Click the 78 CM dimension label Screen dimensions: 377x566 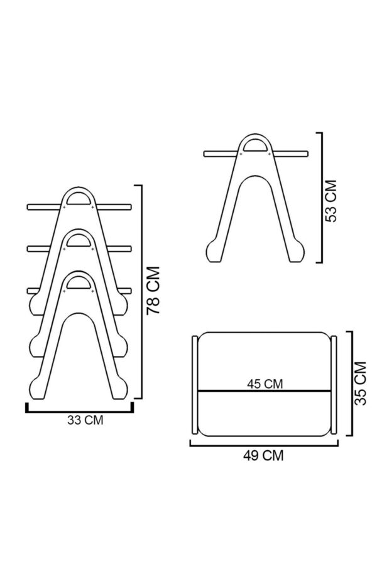(x=153, y=291)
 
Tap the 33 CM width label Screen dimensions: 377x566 (x=85, y=420)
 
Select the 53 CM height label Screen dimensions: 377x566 (x=331, y=201)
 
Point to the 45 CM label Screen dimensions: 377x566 (x=265, y=384)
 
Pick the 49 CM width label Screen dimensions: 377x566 (x=263, y=455)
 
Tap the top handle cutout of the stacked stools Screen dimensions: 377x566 (x=79, y=199)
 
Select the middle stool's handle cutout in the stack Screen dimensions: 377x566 (x=79, y=240)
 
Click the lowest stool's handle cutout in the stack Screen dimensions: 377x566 (x=79, y=282)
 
